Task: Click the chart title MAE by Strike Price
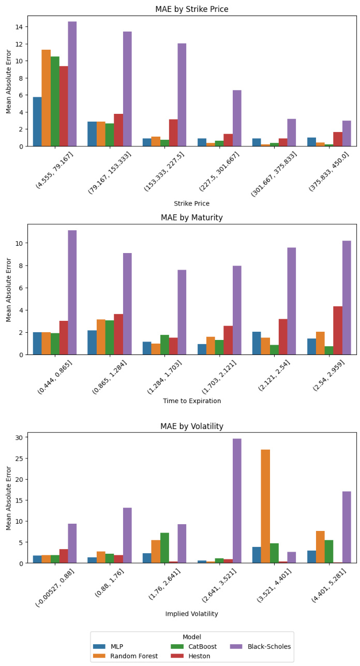(x=192, y=9)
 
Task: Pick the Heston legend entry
(x=198, y=656)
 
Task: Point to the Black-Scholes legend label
(x=269, y=646)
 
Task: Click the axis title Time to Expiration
(x=192, y=401)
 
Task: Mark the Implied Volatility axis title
(x=192, y=614)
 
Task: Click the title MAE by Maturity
(x=192, y=218)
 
